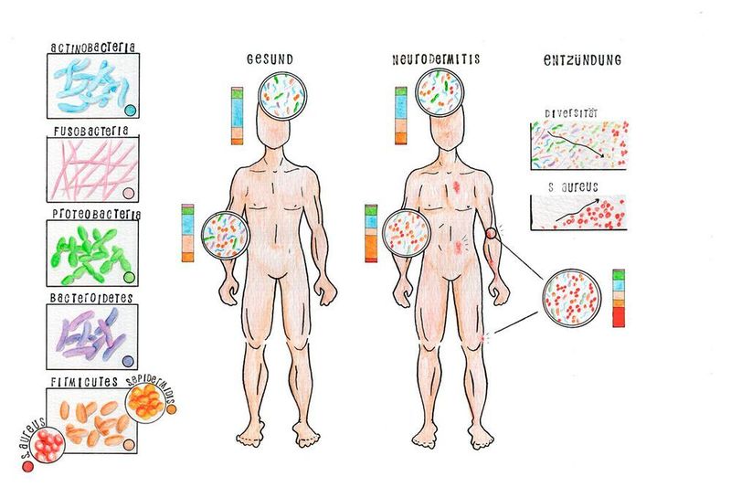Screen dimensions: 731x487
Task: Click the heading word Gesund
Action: coord(270,59)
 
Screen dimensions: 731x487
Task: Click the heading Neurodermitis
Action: coord(436,59)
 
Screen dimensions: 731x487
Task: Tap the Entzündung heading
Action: coord(582,59)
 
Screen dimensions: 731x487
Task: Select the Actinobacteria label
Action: coord(93,48)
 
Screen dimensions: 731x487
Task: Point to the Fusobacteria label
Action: coord(90,131)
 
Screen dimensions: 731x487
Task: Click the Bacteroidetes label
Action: coord(91,298)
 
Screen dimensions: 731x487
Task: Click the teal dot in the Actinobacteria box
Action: coord(131,110)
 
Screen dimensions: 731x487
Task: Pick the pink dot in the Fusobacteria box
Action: coord(128,194)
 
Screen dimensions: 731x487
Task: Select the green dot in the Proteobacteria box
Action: coord(129,278)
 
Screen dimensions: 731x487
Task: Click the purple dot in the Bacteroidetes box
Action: coord(128,361)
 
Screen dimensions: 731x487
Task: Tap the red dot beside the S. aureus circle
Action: coord(28,466)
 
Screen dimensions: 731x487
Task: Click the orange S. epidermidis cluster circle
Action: coord(146,402)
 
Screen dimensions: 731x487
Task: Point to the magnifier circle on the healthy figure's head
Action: coord(282,96)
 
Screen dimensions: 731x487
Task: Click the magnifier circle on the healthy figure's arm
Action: coord(226,235)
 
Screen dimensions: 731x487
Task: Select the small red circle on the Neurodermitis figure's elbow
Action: coord(492,233)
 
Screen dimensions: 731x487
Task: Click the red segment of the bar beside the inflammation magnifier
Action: coord(619,316)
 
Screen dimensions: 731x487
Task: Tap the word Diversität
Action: coord(571,113)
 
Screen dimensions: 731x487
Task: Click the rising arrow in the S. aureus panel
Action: coord(577,210)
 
